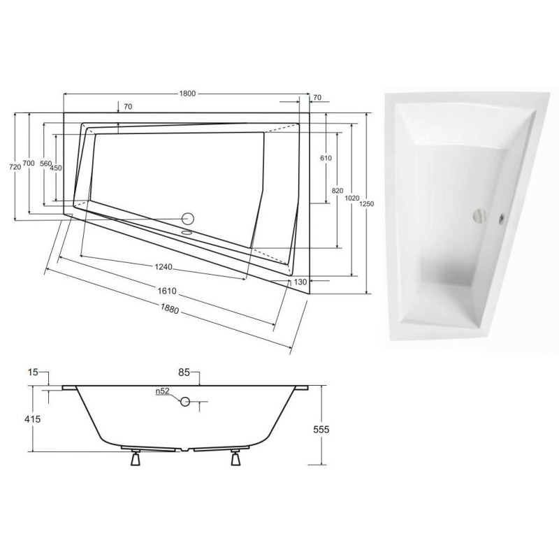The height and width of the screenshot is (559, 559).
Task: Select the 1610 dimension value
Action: pyautogui.click(x=171, y=291)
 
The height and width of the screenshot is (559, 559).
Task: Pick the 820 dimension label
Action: pyautogui.click(x=337, y=191)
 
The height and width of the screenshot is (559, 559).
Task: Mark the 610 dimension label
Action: pyautogui.click(x=326, y=159)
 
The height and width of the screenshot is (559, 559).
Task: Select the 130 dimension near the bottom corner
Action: pyautogui.click(x=300, y=282)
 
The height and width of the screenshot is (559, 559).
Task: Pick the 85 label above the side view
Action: pyautogui.click(x=184, y=373)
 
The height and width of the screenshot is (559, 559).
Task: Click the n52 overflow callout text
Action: pyautogui.click(x=164, y=392)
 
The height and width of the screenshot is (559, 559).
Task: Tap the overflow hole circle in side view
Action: pyautogui.click(x=185, y=402)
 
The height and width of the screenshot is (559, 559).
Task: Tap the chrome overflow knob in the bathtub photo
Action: pyautogui.click(x=480, y=215)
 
